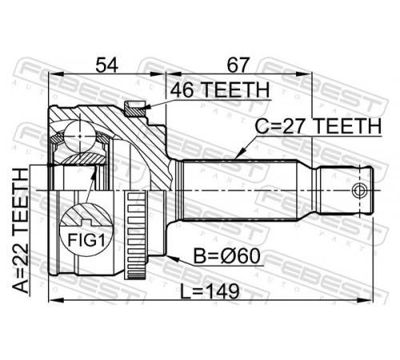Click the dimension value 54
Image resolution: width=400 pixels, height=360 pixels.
point(106,65)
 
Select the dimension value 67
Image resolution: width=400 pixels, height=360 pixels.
point(238,65)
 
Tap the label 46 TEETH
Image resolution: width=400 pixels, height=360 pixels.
point(220,90)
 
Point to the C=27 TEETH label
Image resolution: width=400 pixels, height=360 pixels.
point(318,126)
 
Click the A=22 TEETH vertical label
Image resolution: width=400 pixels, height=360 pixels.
point(21,231)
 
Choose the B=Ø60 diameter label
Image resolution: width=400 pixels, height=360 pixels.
point(226,256)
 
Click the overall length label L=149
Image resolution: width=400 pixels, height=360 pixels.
point(210,291)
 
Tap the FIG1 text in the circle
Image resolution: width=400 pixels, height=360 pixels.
point(86,240)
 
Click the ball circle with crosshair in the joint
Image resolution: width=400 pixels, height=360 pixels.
point(80,136)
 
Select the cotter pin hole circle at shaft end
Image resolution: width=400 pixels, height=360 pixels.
point(358,190)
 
